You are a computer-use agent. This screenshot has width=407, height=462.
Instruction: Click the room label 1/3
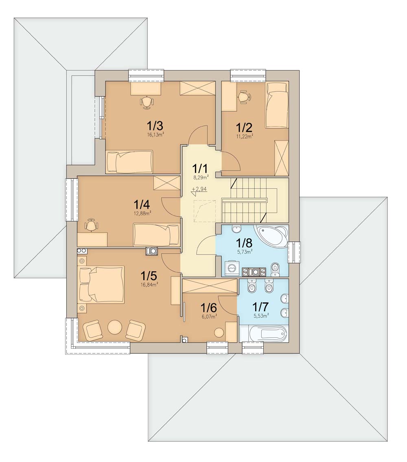tap(155, 126)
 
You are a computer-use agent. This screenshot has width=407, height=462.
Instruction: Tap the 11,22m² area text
tap(245, 136)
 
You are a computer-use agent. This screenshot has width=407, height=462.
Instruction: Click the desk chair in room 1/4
tap(91, 225)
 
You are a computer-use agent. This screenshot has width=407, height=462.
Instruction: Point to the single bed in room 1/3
tap(130, 162)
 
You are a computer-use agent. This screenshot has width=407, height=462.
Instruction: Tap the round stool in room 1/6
tap(219, 333)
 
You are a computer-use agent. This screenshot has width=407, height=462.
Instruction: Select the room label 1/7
tap(260, 307)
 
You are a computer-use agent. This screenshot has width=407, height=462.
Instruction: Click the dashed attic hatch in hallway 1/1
tap(205, 211)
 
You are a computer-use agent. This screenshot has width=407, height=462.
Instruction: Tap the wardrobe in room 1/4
tap(166, 183)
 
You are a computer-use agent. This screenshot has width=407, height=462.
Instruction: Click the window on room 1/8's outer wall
tap(294, 252)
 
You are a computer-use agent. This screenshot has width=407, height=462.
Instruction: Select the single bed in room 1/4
tap(156, 235)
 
